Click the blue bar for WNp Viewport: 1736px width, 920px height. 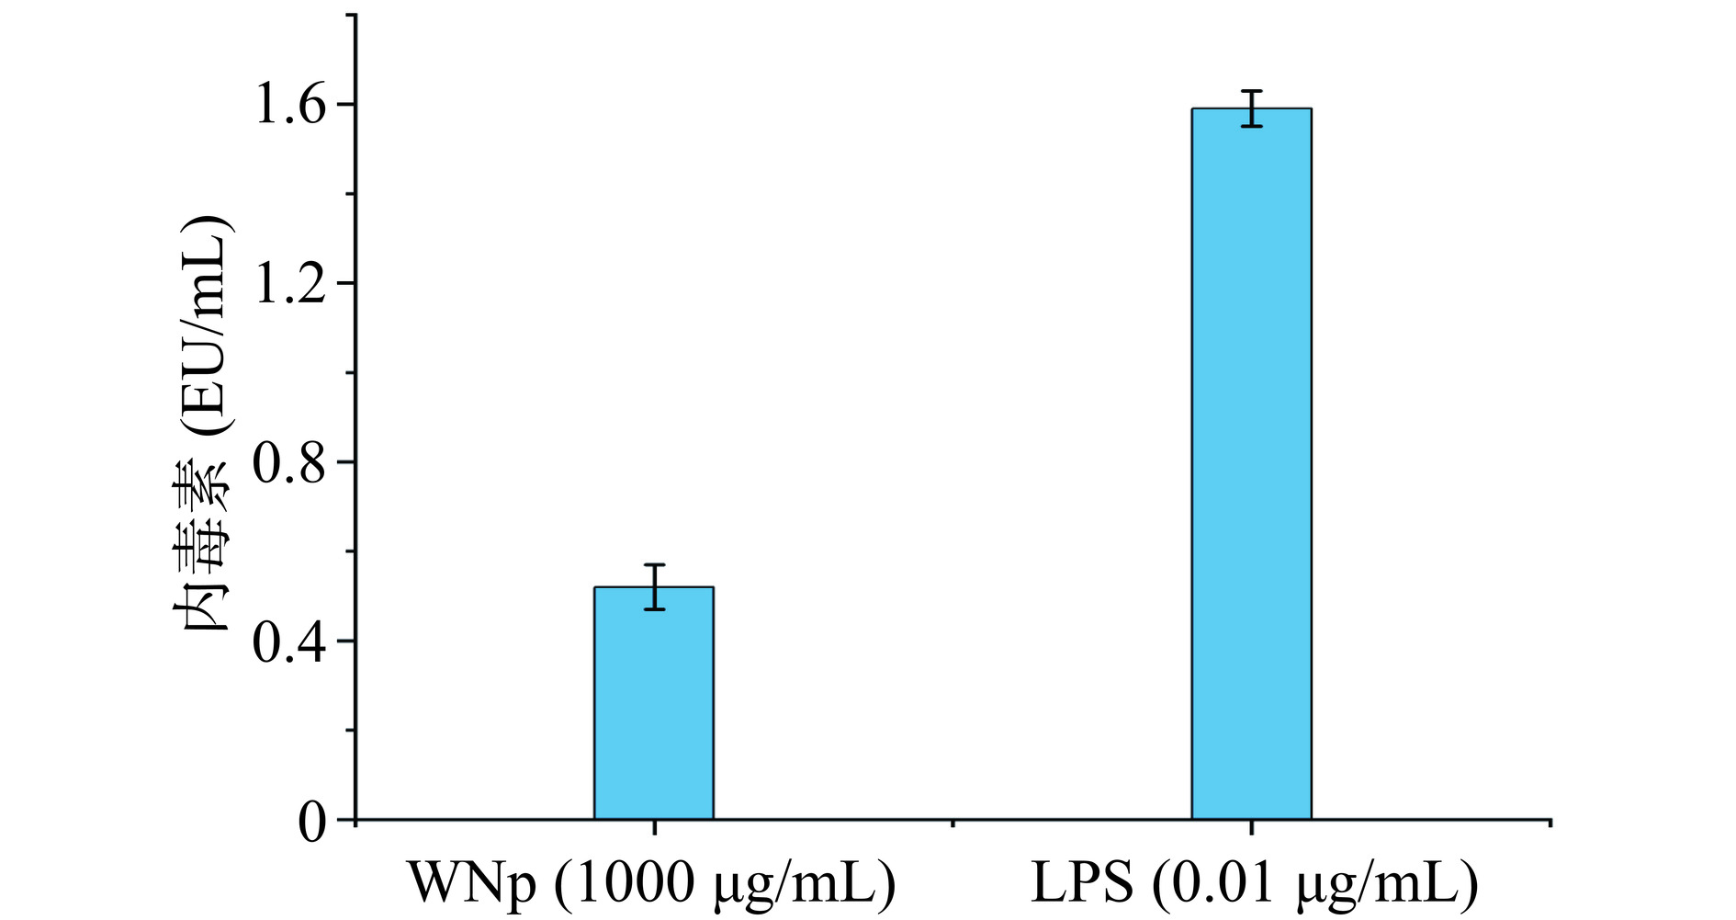click(x=653, y=703)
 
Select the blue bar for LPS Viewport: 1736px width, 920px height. click(x=1251, y=464)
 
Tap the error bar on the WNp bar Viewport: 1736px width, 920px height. click(x=654, y=586)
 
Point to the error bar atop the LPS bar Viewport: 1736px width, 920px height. click(x=1251, y=108)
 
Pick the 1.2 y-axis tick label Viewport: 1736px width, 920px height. click(x=289, y=285)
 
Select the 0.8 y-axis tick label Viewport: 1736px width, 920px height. click(x=289, y=464)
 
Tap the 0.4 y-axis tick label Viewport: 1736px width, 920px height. click(x=289, y=643)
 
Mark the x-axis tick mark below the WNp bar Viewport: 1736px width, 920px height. click(x=654, y=826)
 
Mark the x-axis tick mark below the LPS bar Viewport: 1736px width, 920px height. click(x=1251, y=826)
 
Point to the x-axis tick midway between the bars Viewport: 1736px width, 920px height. click(x=953, y=824)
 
